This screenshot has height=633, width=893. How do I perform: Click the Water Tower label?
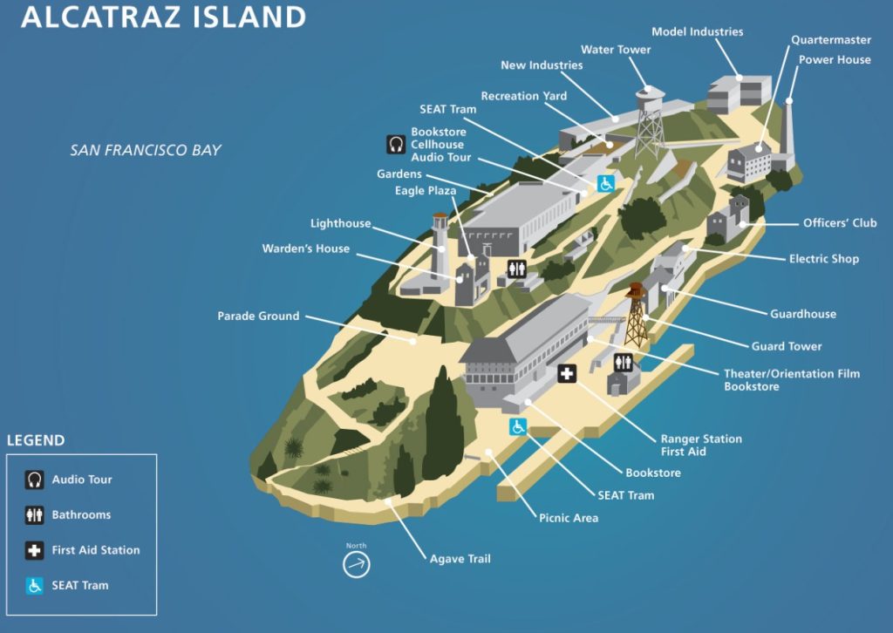(616, 50)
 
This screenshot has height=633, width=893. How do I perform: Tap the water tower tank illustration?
(647, 94)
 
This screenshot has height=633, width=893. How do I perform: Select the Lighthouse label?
(340, 224)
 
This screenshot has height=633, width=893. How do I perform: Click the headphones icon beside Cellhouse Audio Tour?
(396, 145)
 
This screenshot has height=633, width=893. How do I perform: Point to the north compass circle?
(356, 565)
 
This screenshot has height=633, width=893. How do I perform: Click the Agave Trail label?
(460, 559)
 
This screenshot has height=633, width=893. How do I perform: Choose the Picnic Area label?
(568, 518)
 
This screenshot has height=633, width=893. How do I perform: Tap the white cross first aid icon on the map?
(567, 374)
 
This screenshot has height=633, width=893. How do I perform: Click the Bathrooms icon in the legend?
(35, 515)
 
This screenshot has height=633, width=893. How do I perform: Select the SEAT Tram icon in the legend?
(35, 586)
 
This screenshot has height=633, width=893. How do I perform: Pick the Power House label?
(835, 60)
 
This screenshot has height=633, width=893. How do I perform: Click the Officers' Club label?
(840, 223)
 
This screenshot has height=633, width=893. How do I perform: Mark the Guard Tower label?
(787, 346)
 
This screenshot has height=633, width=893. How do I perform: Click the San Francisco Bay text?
(146, 150)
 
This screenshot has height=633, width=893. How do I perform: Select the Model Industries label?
(697, 32)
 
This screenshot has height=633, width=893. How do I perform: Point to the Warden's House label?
(305, 248)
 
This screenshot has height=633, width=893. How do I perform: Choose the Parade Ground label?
(258, 316)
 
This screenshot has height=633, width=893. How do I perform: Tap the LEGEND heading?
(36, 440)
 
